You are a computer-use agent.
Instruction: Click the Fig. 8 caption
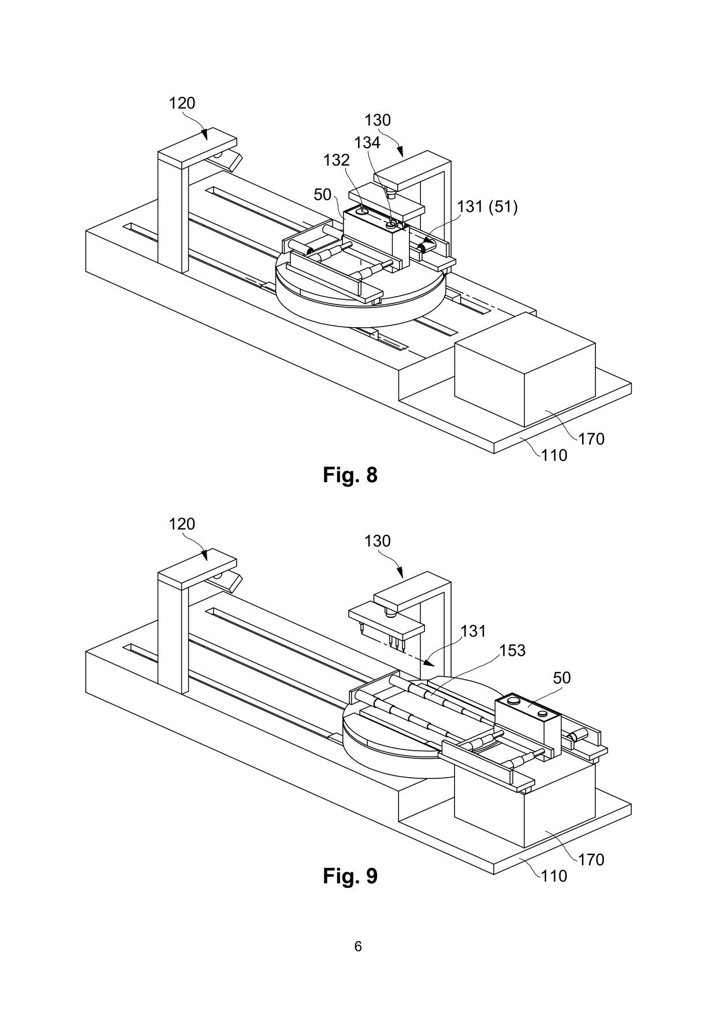coord(350,475)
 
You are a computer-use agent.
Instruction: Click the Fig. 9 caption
coord(350,876)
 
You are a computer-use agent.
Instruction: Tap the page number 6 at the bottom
coord(358,947)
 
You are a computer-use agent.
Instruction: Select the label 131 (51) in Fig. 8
coord(487,207)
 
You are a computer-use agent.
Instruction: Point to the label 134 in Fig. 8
coord(367,143)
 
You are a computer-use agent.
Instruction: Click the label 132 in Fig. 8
coord(336,160)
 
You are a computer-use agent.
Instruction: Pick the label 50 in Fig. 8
coord(323,195)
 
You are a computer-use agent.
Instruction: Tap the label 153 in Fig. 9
coord(512,651)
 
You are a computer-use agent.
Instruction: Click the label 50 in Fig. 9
coord(562,678)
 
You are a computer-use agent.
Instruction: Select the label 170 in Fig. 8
coord(591,439)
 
